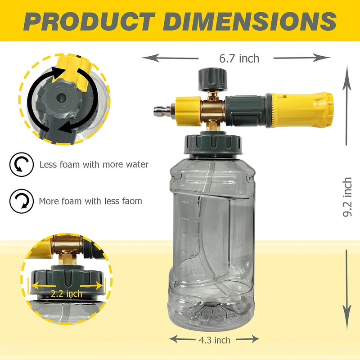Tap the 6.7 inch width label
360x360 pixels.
coord(239,58)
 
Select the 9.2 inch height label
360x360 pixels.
coord(347,197)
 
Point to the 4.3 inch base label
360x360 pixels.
coord(215,340)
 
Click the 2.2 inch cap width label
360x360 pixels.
coord(66,294)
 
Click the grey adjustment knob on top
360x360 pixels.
coord(212,79)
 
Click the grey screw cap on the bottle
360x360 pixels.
coord(213,144)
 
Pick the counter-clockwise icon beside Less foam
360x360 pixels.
coord(22,164)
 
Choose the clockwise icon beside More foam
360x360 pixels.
coord(22,201)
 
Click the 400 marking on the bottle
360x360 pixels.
coord(194,272)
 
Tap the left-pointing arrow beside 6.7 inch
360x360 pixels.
coord(170,58)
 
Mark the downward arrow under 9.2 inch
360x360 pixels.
coord(347,290)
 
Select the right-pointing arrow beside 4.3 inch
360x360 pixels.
coord(247,339)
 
